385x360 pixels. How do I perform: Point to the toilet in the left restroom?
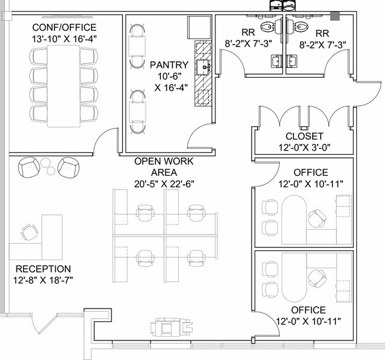coord(267,26)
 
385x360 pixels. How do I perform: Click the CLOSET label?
coord(304,136)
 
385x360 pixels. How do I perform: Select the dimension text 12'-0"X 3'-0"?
coord(304,147)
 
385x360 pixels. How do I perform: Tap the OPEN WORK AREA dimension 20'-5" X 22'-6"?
coord(164,183)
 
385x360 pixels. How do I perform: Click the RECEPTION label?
coord(43,269)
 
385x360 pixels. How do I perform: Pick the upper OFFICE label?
coord(310,173)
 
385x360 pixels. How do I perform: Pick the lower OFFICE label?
coord(308,310)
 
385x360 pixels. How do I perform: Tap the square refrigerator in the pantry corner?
coord(199,28)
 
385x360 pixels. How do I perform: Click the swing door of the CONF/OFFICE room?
coord(105,142)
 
